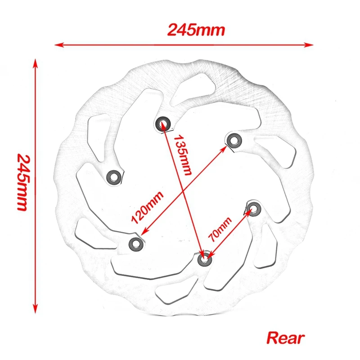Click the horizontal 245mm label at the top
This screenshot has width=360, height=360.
[x=196, y=30]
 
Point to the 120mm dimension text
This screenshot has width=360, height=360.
[x=147, y=207]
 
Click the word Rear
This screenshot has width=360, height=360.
[x=286, y=337]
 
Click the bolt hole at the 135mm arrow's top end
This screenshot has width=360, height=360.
[x=163, y=123]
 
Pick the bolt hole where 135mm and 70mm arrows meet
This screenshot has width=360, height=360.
[x=204, y=259]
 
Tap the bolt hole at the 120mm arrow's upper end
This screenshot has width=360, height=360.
[x=233, y=140]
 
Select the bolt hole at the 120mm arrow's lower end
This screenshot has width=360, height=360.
[x=135, y=243]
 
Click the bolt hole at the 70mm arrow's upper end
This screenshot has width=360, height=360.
[x=253, y=208]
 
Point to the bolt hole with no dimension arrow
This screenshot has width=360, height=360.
[x=113, y=177]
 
